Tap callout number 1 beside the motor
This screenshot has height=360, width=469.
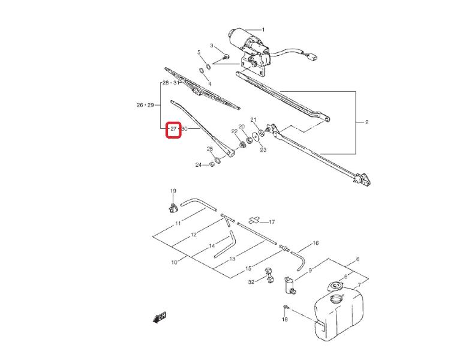coord(263,29)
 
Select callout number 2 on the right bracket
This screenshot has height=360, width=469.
coord(366,122)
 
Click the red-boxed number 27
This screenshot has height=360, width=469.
coord(173,129)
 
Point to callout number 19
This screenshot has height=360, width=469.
coord(173,191)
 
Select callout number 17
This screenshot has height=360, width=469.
coord(271,222)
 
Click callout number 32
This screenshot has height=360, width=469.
coord(252,281)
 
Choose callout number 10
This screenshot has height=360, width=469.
coord(175,262)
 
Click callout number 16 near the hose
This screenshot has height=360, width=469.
coord(316,243)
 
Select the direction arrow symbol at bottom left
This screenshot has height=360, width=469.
coord(160,317)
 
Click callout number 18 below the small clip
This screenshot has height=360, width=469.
coord(285,320)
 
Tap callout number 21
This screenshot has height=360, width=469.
coord(253,119)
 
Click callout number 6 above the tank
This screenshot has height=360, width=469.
coord(357,259)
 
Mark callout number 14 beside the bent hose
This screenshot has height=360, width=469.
coord(212,247)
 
